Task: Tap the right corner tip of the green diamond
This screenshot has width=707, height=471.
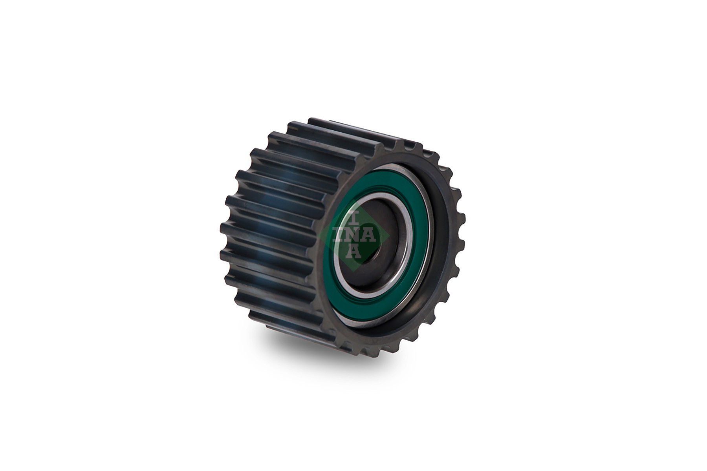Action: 389,236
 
